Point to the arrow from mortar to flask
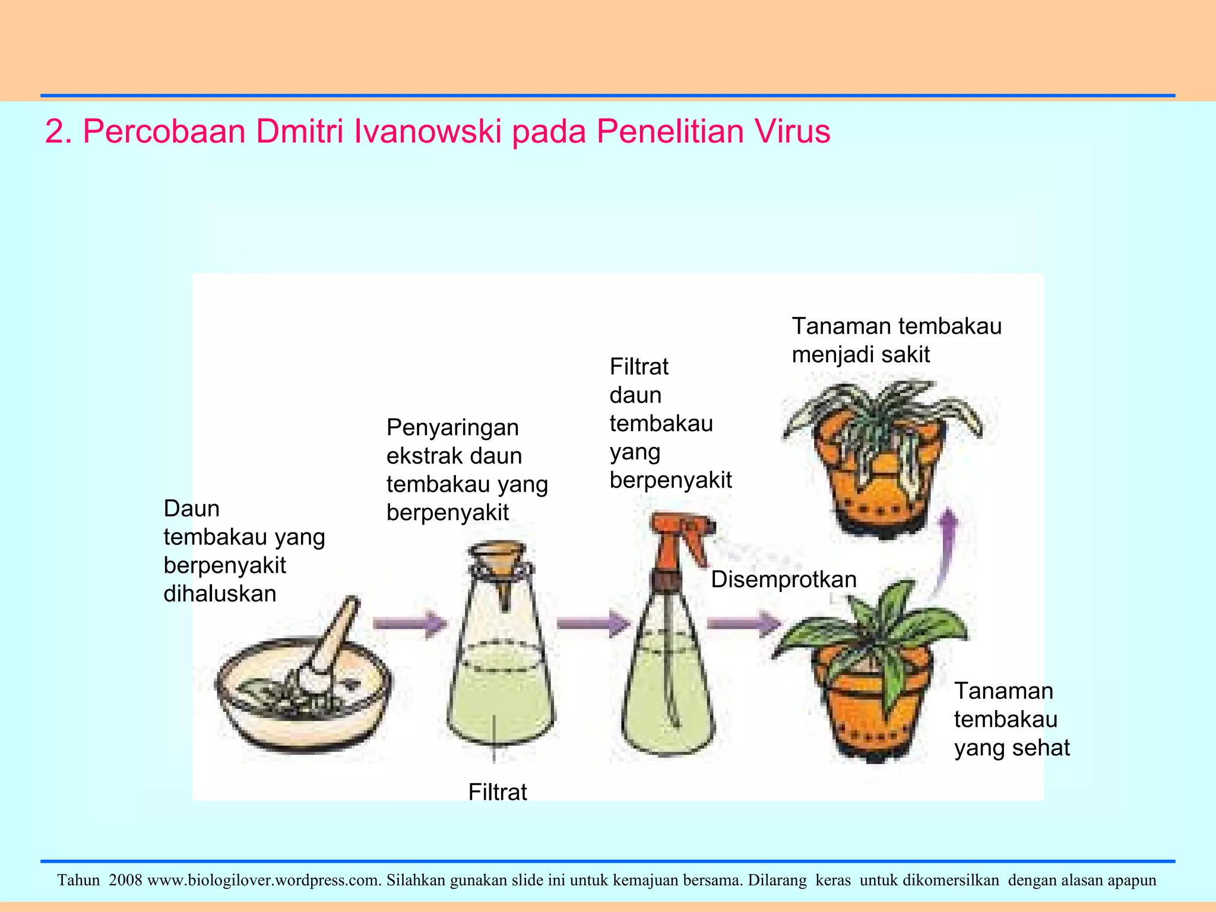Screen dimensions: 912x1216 click(410, 623)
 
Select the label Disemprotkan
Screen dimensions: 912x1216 click(784, 579)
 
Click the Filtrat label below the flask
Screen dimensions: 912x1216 click(498, 792)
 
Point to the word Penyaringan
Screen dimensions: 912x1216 click(452, 427)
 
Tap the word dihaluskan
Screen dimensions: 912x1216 click(220, 594)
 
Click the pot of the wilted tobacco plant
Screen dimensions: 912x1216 click(879, 493)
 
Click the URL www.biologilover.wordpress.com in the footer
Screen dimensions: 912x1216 click(264, 880)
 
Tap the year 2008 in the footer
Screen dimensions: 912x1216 click(125, 880)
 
